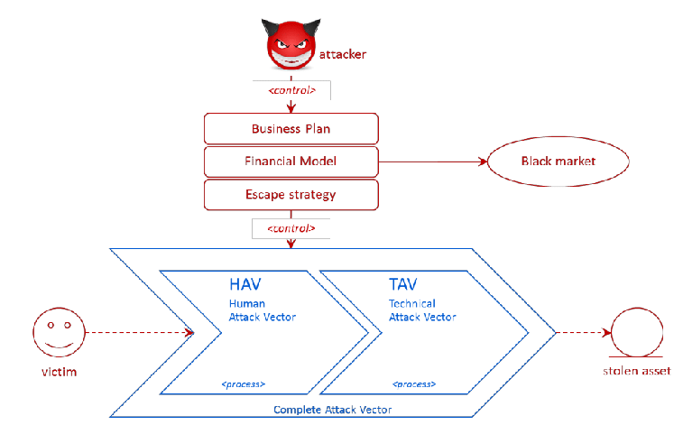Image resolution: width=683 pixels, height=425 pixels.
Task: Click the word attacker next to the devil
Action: [344, 55]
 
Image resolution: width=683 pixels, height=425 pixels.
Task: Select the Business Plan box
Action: [291, 129]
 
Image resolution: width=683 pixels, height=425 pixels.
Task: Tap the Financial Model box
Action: [291, 162]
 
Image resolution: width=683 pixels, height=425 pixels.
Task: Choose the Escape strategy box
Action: [291, 194]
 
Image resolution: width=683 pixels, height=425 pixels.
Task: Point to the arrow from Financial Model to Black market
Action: [432, 162]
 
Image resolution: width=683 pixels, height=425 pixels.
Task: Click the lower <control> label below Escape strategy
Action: [291, 228]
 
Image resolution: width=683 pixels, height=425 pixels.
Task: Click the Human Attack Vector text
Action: [262, 310]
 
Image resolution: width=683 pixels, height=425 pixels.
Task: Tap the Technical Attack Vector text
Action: [422, 310]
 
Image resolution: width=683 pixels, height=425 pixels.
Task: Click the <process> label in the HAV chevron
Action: [243, 385]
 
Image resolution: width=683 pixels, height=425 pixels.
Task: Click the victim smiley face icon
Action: [56, 332]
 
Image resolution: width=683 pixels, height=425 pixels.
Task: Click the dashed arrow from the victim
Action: [135, 332]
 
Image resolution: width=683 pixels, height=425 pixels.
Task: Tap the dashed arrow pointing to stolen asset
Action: [579, 332]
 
